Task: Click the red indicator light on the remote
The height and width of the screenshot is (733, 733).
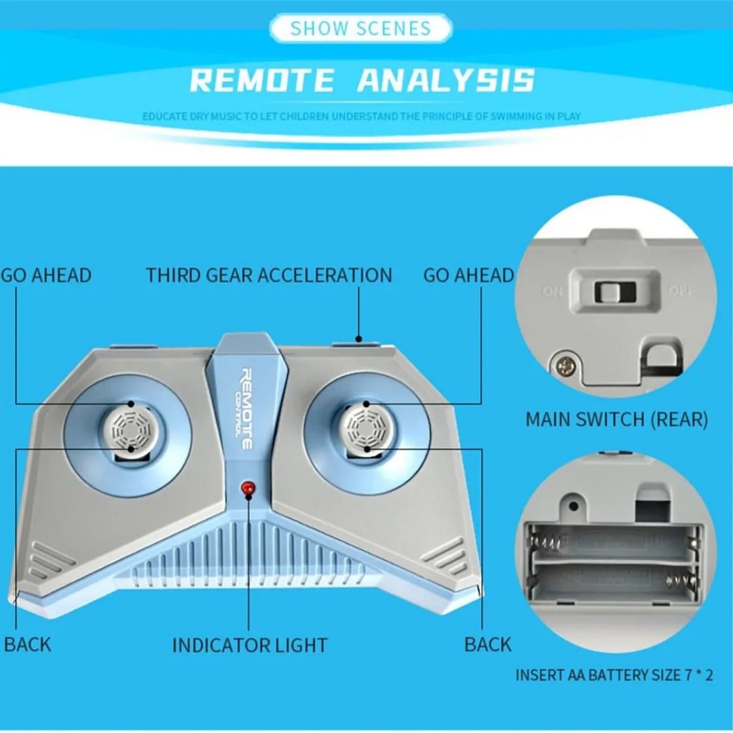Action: pyautogui.click(x=248, y=488)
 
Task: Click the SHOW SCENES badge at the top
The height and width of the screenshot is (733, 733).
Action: pyautogui.click(x=360, y=29)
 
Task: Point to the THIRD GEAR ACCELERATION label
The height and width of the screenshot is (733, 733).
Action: pyautogui.click(x=269, y=276)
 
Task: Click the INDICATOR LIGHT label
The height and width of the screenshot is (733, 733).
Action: pyautogui.click(x=249, y=645)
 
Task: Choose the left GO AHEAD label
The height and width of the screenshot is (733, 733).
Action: pyautogui.click(x=46, y=276)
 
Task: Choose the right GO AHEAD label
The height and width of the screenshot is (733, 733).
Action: pyautogui.click(x=468, y=276)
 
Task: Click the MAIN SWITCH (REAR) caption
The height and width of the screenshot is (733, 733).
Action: pyautogui.click(x=616, y=419)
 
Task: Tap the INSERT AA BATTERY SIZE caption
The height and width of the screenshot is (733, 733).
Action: pyautogui.click(x=614, y=675)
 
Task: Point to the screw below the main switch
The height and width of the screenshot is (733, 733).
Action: pyautogui.click(x=563, y=365)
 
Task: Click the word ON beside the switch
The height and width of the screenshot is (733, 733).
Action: pyautogui.click(x=552, y=292)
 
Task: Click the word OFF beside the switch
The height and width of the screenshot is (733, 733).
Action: pyautogui.click(x=681, y=292)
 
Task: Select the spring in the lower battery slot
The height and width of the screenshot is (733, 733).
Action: pyautogui.click(x=679, y=581)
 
